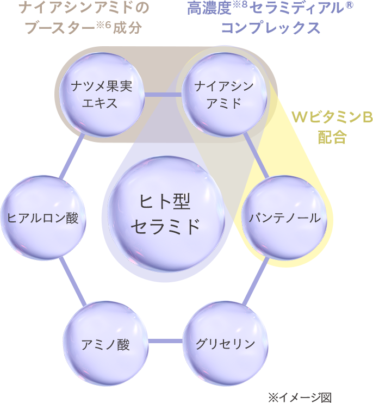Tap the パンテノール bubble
point(284,219)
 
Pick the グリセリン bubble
point(225,343)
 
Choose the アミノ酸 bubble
point(105,343)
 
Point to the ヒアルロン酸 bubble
point(43,219)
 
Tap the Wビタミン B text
point(332,117)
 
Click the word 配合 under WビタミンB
point(332,137)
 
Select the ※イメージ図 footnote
point(299,397)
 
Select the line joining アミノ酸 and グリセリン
point(165,342)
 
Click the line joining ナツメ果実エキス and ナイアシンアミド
point(163,95)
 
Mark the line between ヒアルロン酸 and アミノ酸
point(72,281)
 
